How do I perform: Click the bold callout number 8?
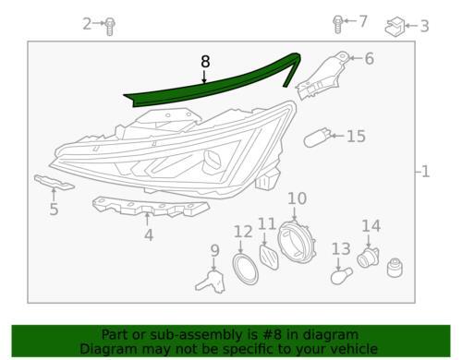pos(205,62)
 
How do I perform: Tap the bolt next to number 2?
pos(110,26)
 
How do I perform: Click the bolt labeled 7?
pos(337,24)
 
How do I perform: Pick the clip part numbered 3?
pos(395,27)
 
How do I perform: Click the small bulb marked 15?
pos(317,138)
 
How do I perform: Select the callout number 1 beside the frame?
pos(425,172)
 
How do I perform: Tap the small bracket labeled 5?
pos(54,182)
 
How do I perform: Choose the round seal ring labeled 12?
pos(245,269)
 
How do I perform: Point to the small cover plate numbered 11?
pos(269,257)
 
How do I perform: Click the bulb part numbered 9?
pos(212,282)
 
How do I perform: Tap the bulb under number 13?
pos(341,275)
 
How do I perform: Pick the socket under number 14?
pos(368,258)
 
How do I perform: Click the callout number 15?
pos(357,137)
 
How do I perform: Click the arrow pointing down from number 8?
pos(204,77)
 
